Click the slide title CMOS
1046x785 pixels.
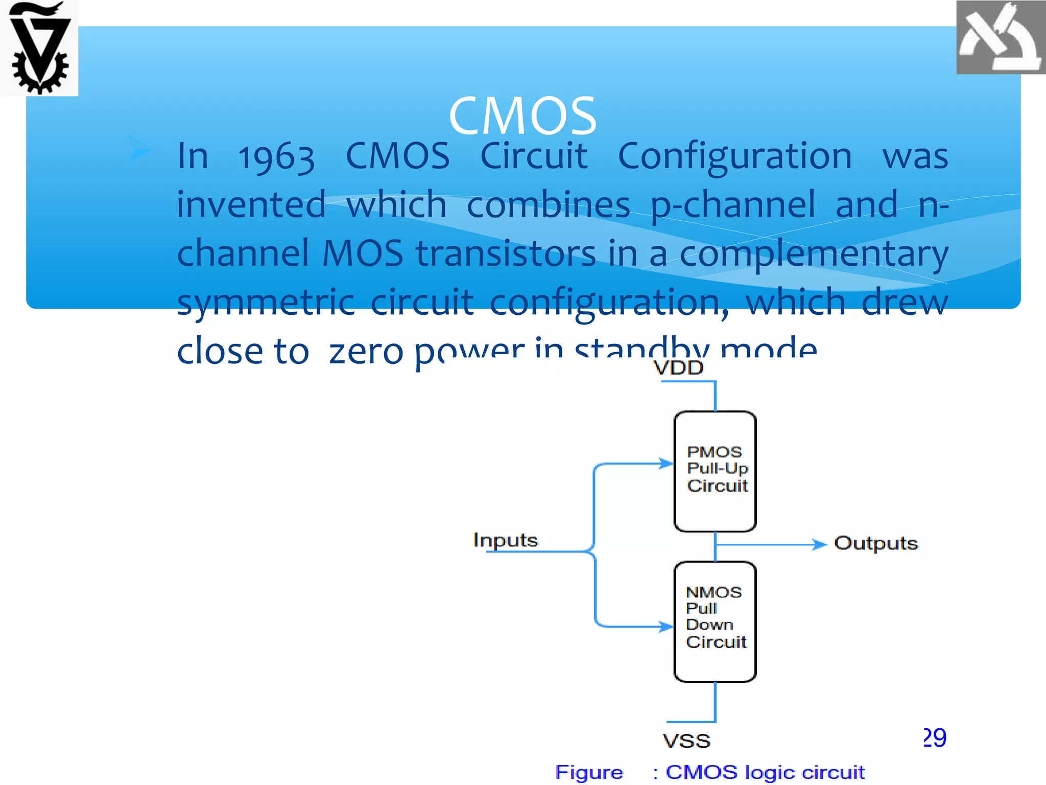522,116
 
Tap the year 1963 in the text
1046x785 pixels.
276,157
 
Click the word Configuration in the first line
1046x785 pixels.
734,156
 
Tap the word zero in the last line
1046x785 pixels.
366,352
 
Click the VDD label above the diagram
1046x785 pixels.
678,367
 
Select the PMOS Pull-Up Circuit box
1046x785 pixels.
715,471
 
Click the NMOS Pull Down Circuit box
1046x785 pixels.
715,621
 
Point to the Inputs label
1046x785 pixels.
505,540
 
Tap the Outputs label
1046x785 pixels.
875,543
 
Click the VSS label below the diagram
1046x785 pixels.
686,741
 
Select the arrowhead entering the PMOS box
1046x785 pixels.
666,464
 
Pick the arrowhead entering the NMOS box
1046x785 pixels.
666,626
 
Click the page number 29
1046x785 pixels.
935,737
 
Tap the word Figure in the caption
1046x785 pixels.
589,772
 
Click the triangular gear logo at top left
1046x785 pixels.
39,48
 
